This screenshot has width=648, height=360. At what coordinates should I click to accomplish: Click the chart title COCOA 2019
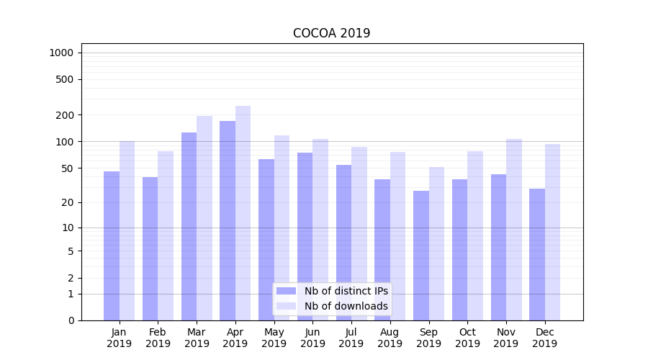tap(331, 33)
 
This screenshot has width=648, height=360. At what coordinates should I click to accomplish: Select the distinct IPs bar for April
tap(228, 220)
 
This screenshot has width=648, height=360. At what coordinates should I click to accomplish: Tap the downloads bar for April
tap(243, 213)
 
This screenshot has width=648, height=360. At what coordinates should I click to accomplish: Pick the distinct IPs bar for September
tap(421, 256)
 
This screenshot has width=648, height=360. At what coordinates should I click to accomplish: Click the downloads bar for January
tap(127, 230)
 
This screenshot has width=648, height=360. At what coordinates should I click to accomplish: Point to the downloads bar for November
tap(514, 230)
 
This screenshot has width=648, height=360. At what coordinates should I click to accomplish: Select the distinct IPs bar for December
tap(537, 254)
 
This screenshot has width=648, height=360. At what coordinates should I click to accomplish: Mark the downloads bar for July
tap(359, 233)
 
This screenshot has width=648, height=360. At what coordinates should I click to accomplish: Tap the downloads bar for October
tap(475, 235)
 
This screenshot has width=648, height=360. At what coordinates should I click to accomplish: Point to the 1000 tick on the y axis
tap(61, 53)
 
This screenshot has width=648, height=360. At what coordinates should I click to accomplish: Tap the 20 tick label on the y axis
tap(68, 202)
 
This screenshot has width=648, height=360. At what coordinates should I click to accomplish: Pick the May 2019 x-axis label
tap(274, 338)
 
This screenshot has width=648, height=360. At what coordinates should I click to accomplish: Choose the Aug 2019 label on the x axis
tap(390, 338)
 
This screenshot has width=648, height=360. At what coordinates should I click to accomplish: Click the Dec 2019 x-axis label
tap(545, 338)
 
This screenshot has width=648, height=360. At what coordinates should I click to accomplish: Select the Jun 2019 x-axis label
tap(312, 338)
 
